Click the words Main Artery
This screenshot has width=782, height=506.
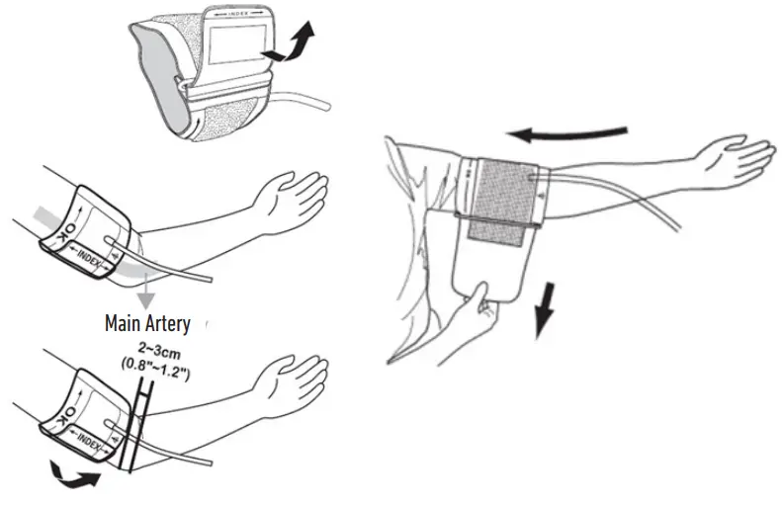147,322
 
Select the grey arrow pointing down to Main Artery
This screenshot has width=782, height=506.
146,286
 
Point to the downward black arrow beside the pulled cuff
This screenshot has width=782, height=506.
543,310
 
